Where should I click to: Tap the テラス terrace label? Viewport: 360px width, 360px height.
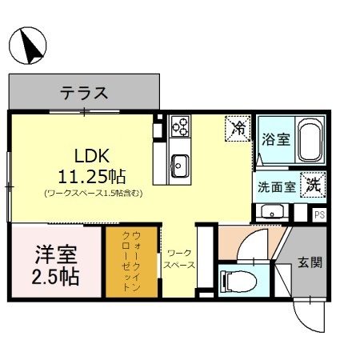[x=84, y=92]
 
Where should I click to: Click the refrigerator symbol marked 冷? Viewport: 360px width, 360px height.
[x=238, y=126]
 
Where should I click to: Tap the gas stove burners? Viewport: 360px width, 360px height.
[x=181, y=126]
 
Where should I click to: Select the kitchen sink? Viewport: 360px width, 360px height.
[x=179, y=165]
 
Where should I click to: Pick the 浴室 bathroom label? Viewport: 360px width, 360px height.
[x=275, y=138]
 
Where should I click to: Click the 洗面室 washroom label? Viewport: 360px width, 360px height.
[x=275, y=189]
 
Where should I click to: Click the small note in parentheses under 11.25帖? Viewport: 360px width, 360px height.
[x=94, y=193]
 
